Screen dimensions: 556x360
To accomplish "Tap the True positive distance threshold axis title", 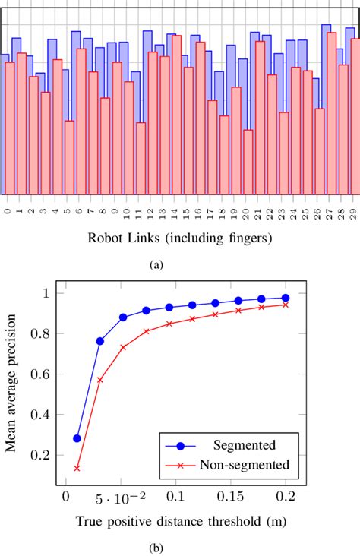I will pyautogui.click(x=177, y=521).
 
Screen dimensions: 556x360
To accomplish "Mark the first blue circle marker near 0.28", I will pyautogui.click(x=77, y=438).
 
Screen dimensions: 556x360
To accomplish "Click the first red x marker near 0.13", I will pyautogui.click(x=77, y=468).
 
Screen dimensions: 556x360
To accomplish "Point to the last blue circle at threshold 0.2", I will pyautogui.click(x=285, y=298).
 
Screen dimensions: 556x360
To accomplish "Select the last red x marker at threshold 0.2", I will pyautogui.click(x=285, y=305).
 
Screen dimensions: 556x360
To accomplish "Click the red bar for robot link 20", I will pyautogui.click(x=248, y=162).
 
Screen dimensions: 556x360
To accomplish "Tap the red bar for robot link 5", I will pyautogui.click(x=69, y=157).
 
